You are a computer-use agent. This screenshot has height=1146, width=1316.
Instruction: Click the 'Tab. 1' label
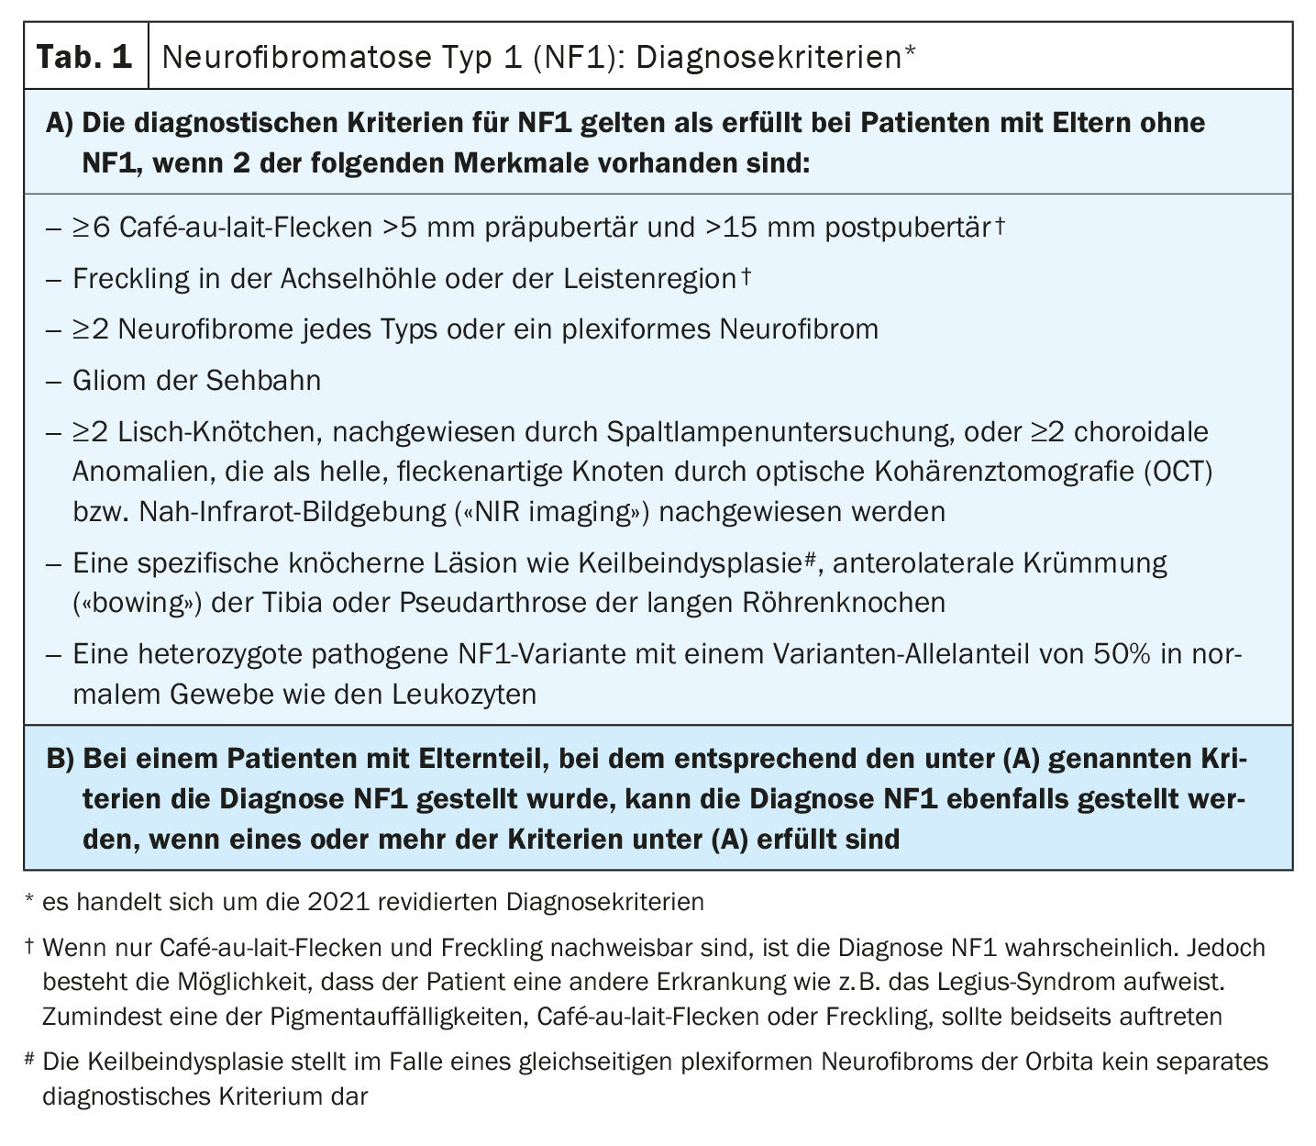(83, 58)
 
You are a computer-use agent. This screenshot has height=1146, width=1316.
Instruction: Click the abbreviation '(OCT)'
(1178, 472)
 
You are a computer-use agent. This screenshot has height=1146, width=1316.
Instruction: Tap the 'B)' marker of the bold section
(61, 760)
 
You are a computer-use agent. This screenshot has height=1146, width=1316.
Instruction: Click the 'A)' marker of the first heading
(61, 124)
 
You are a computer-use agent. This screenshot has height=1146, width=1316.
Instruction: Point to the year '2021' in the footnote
(340, 902)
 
